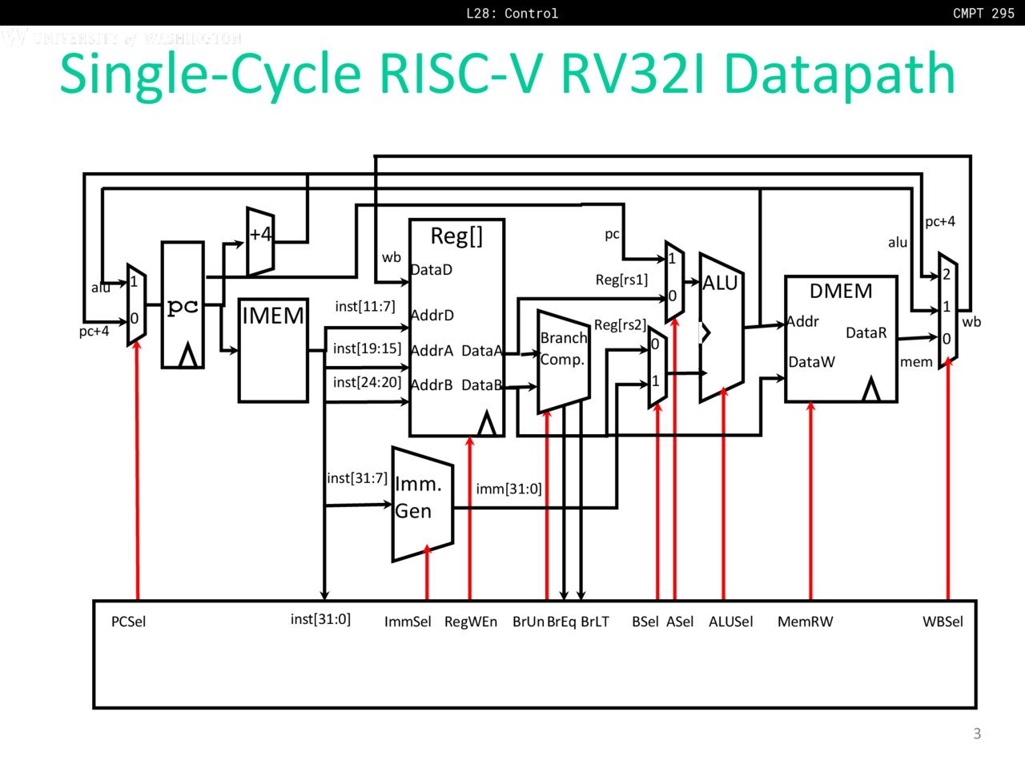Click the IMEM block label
[x=273, y=316]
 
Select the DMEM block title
[x=841, y=291]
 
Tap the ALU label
[x=720, y=283]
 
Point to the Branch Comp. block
[x=563, y=360]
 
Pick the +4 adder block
[x=260, y=240]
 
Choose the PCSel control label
[x=128, y=622]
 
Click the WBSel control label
[x=943, y=622]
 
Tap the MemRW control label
[x=805, y=622]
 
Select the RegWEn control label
[x=470, y=622]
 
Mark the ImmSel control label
[x=408, y=622]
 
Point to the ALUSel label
[x=730, y=622]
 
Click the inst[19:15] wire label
[x=367, y=348]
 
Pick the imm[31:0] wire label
[x=508, y=489]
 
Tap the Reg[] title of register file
[x=456, y=236]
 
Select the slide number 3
[x=977, y=733]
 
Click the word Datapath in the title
[x=839, y=74]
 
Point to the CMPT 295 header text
[x=983, y=13]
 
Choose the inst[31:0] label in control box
[x=320, y=619]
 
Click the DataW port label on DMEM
[x=811, y=362]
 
